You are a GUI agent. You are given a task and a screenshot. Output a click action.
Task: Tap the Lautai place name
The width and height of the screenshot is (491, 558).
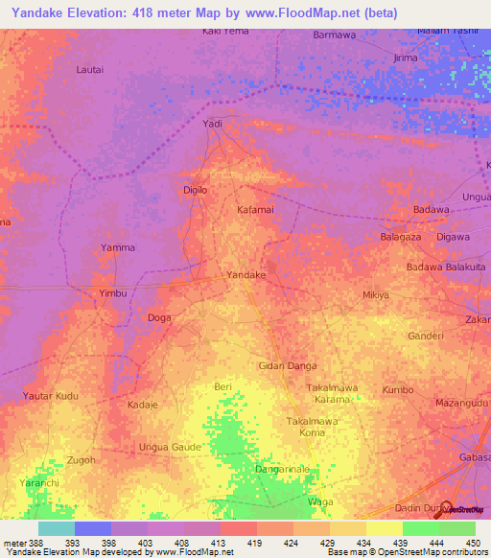[x=91, y=70]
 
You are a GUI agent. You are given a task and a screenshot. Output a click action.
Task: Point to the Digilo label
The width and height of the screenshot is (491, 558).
[x=195, y=190]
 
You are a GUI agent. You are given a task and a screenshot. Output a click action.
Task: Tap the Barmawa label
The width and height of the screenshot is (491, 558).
[x=334, y=35]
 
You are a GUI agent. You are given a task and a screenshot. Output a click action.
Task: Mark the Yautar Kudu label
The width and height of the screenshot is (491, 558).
[x=53, y=396]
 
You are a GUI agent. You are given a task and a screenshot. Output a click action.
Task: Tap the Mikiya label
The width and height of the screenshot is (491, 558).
[x=376, y=295]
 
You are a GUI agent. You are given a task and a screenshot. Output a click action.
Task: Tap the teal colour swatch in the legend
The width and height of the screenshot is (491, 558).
[x=57, y=528]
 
